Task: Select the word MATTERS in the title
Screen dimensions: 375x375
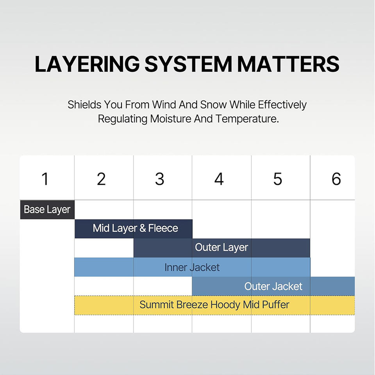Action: pos(288,64)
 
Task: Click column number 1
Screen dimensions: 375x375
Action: pos(45,179)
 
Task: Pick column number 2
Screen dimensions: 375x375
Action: pos(101,179)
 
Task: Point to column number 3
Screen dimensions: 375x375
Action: pos(160,179)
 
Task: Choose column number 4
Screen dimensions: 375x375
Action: pos(219,179)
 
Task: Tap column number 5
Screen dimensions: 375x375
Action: pos(277,179)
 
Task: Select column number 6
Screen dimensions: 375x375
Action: pos(336,179)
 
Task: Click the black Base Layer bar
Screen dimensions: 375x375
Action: pos(47,210)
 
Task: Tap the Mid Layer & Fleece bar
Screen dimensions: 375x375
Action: pos(133,229)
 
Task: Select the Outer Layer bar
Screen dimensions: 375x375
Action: pos(221,248)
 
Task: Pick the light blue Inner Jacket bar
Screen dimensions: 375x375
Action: pos(192,267)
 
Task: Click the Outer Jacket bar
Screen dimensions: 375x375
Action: pos(273,286)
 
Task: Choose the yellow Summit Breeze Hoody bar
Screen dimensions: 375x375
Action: pos(214,305)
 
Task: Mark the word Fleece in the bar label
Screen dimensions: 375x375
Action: pos(163,229)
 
